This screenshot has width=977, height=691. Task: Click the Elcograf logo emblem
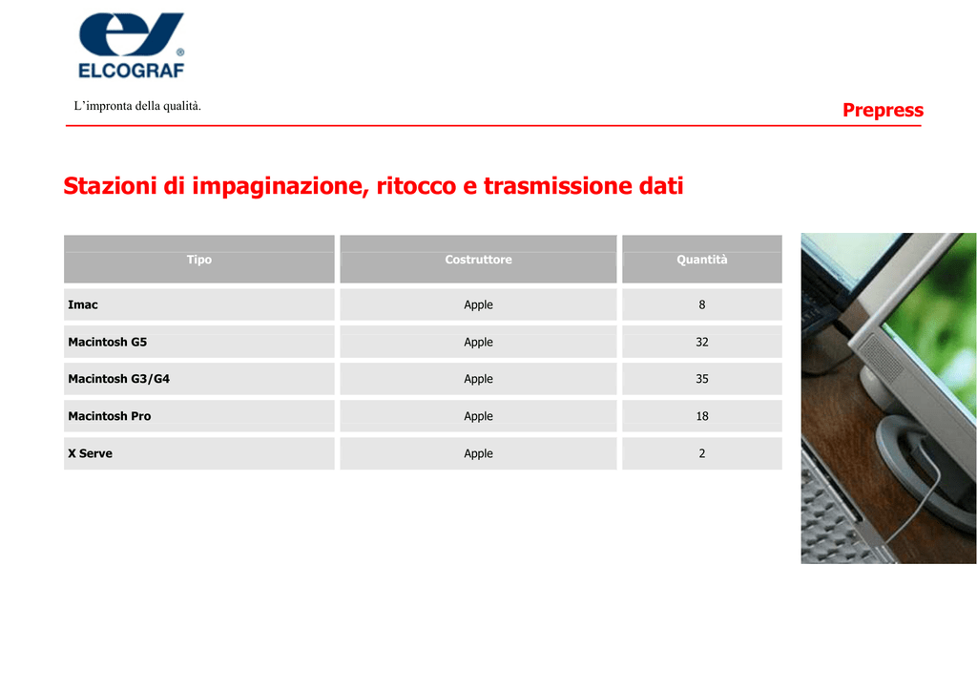[131, 34]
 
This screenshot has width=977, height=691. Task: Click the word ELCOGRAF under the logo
[132, 71]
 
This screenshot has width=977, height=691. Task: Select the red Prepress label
[883, 111]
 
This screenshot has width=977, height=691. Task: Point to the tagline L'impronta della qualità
[137, 106]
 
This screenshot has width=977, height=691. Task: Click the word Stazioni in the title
[111, 186]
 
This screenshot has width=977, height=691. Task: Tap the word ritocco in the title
[416, 186]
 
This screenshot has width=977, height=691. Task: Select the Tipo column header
[199, 260]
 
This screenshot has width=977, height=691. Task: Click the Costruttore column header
[479, 260]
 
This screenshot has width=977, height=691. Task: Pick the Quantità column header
[702, 260]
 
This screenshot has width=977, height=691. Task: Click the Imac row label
[83, 304]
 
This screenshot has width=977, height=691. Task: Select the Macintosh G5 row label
[107, 342]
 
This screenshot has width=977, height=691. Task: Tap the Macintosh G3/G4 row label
[118, 379]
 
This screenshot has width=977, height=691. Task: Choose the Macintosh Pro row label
[109, 416]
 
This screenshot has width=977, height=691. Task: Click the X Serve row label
[91, 453]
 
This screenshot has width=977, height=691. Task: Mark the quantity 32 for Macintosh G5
[702, 342]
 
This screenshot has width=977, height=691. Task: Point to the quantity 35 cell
[702, 379]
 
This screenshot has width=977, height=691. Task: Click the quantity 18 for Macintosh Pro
[702, 416]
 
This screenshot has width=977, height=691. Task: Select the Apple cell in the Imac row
[479, 305]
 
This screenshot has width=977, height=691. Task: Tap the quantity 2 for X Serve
[702, 453]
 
